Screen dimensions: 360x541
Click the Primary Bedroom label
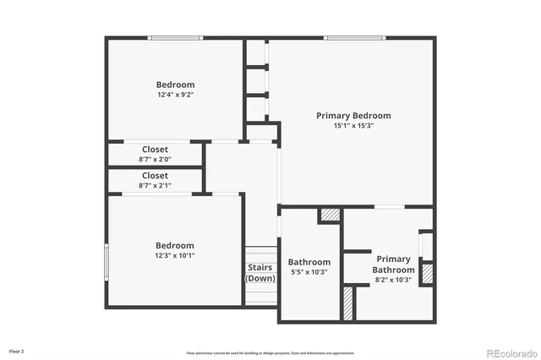pyautogui.click(x=353, y=115)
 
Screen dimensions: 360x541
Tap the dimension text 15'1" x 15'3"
pyautogui.click(x=353, y=125)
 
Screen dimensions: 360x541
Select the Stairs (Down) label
pyautogui.click(x=260, y=272)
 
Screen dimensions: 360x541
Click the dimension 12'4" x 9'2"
pyautogui.click(x=175, y=95)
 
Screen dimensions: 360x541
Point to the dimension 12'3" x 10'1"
pyautogui.click(x=175, y=255)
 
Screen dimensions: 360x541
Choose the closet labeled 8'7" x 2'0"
pyautogui.click(x=155, y=155)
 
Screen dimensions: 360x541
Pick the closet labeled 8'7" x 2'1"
pyautogui.click(x=155, y=181)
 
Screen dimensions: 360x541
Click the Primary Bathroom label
pyautogui.click(x=393, y=265)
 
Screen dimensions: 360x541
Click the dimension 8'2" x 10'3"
pyautogui.click(x=393, y=280)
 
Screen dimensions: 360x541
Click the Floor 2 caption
pyautogui.click(x=17, y=350)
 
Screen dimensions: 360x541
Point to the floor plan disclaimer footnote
pyautogui.click(x=270, y=352)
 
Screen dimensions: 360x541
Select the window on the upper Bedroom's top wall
pyautogui.click(x=175, y=37)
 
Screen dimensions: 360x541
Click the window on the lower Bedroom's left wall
pyautogui.click(x=107, y=260)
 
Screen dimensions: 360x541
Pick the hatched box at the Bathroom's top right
pyautogui.click(x=329, y=215)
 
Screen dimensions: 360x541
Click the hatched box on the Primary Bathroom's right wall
pyautogui.click(x=427, y=274)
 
